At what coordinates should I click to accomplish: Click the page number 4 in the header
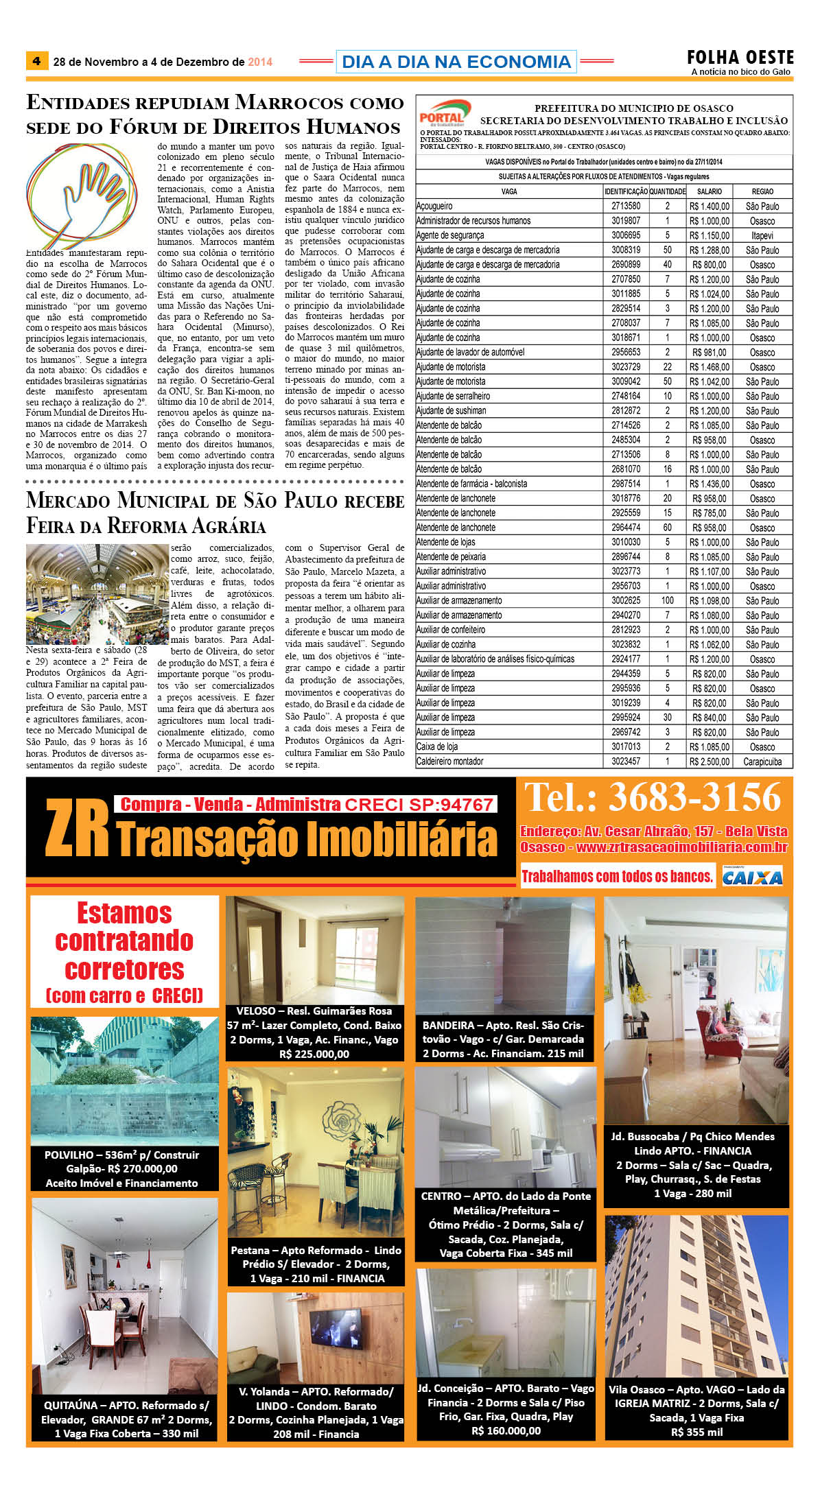[x=36, y=61]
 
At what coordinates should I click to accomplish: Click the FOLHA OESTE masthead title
[x=740, y=58]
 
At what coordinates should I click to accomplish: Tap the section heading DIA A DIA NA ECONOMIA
[x=456, y=62]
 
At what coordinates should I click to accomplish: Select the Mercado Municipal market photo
[x=97, y=594]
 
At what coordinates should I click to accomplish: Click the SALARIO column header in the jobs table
[x=709, y=191]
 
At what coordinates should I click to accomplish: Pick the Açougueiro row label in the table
[x=434, y=206]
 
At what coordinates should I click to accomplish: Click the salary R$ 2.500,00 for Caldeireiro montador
[x=710, y=762]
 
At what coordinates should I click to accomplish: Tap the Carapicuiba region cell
[x=762, y=762]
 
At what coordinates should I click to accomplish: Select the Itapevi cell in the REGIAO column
[x=762, y=235]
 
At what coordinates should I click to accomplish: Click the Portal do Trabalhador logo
[x=444, y=113]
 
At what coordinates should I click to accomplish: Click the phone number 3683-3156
[x=693, y=798]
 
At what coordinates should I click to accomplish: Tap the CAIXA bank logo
[x=752, y=877]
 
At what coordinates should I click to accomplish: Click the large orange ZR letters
[x=77, y=829]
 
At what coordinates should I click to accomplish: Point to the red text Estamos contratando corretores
[x=124, y=941]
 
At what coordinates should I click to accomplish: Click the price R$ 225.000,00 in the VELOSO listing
[x=314, y=1054]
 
